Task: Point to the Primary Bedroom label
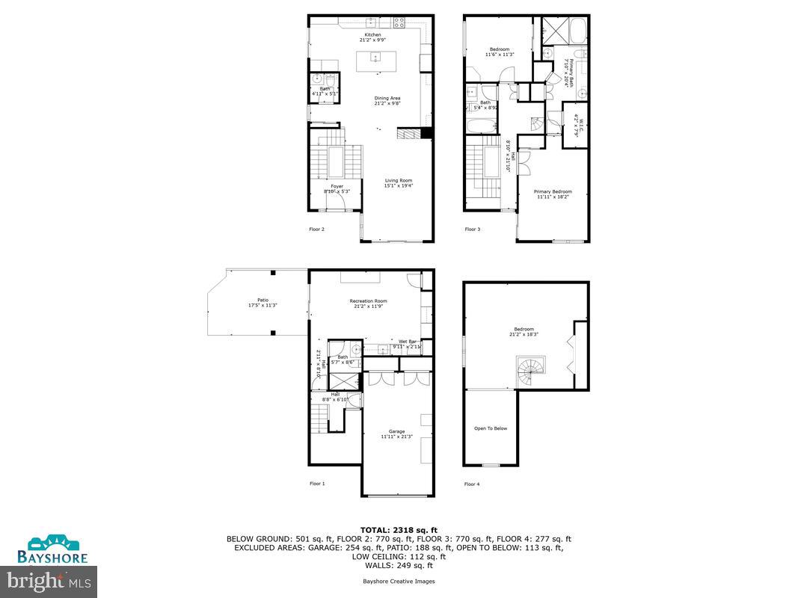pos(553,192)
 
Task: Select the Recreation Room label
pos(369,302)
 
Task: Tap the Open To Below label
pos(491,428)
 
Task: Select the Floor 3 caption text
pos(472,229)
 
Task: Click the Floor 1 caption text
pos(317,484)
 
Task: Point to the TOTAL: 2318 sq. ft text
pos(399,530)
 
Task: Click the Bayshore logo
pos(53,549)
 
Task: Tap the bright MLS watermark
pos(49,579)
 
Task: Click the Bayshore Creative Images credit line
pos(399,581)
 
